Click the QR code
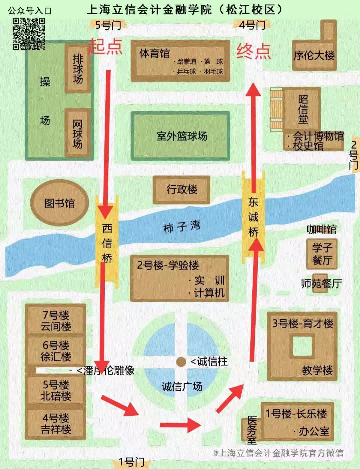point(29,34)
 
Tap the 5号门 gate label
point(108,25)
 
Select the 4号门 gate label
point(252,25)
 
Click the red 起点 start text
point(105,46)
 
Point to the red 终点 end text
point(253,52)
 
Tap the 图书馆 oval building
point(59,203)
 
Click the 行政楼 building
point(182,190)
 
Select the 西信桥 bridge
point(107,243)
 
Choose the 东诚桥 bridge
point(253,217)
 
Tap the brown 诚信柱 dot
point(181,362)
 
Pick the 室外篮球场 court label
point(182,136)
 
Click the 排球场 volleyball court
point(78,69)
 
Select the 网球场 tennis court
point(77,134)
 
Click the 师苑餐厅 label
point(321,284)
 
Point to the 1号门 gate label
point(131,462)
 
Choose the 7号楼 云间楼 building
point(56,320)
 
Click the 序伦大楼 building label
point(314,55)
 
